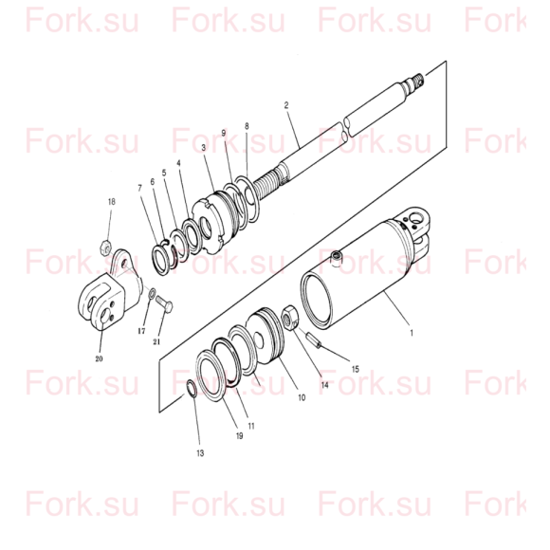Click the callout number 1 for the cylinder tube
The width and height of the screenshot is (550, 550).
[x=412, y=333]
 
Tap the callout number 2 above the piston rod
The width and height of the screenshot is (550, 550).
[x=286, y=105]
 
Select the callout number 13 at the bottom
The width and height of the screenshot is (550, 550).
[x=200, y=453]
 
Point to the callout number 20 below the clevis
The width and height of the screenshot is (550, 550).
[x=99, y=358]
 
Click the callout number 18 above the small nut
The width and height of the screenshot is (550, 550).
[x=111, y=202]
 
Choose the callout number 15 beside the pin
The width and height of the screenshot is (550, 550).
[x=355, y=369]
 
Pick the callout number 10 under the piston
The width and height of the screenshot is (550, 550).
[x=302, y=397]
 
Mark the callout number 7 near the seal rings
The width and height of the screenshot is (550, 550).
[x=140, y=189]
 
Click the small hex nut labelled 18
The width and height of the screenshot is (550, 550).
[x=105, y=248]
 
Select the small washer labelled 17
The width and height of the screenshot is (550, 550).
[x=153, y=294]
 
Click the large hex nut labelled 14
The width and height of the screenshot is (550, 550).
[x=290, y=317]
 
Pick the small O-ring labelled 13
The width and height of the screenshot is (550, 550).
[x=192, y=389]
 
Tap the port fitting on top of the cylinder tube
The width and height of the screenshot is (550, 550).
[x=336, y=258]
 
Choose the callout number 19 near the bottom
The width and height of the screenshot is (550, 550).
[x=239, y=435]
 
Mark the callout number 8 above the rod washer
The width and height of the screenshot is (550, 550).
[x=247, y=126]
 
